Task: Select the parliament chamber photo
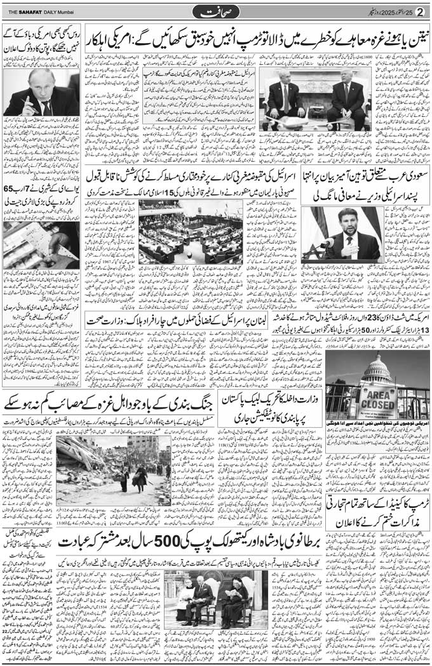tap(191, 232)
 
